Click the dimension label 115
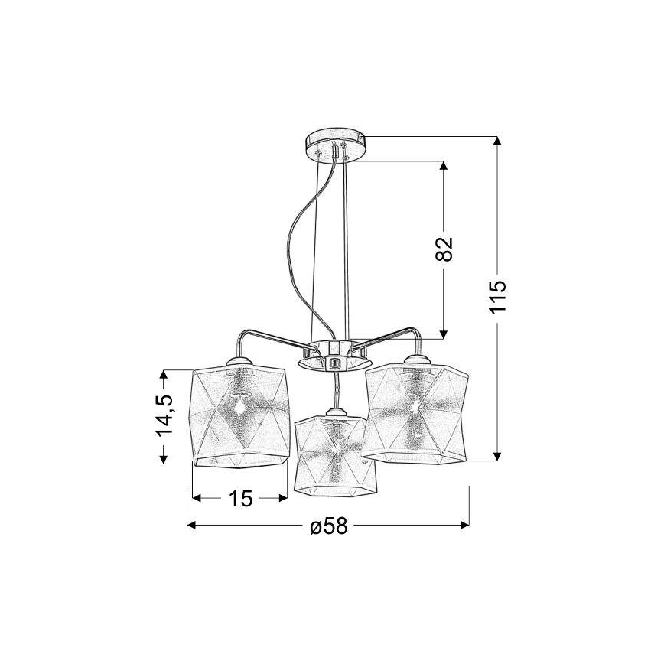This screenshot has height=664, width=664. [498, 295]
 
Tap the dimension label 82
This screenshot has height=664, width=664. [444, 249]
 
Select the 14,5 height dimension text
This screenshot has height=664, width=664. [165, 415]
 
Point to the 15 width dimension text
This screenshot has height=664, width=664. [240, 499]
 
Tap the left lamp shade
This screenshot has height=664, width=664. [239, 417]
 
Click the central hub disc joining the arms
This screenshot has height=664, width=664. [334, 356]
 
